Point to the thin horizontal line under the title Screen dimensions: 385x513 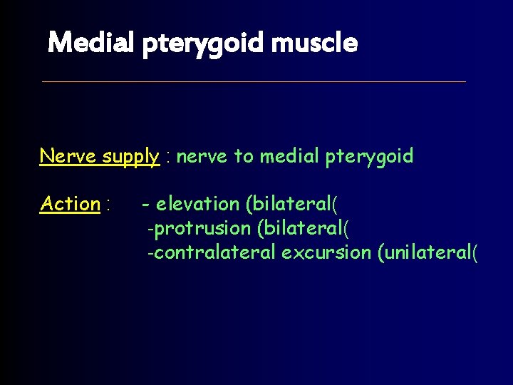pyautogui.click(x=254, y=81)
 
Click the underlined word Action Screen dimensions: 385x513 pyautogui.click(x=70, y=204)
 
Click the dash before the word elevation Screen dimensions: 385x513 pyautogui.click(x=145, y=205)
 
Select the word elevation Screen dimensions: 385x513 pyautogui.click(x=197, y=204)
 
